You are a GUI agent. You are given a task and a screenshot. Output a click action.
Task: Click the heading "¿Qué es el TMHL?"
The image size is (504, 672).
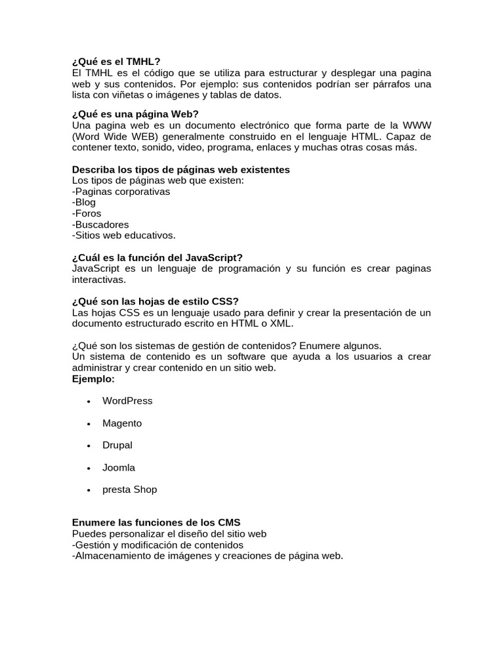[116, 62]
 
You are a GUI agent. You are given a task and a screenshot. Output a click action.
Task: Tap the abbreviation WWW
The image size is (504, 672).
[417, 125]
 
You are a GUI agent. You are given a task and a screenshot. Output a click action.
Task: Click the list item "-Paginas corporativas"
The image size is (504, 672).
[121, 192]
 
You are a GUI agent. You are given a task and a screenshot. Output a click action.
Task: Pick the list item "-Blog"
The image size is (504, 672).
[84, 203]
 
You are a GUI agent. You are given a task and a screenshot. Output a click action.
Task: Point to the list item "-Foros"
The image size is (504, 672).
[87, 213]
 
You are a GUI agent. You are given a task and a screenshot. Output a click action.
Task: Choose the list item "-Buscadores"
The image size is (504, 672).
[100, 224]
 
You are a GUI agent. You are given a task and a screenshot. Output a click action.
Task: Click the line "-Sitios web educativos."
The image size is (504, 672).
[124, 235]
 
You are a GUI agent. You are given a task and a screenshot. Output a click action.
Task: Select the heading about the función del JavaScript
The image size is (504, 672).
[157, 257]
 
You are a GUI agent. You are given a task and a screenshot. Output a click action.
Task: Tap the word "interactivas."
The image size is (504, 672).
[98, 280]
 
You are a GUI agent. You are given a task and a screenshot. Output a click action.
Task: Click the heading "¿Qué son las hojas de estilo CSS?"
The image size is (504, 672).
[155, 301]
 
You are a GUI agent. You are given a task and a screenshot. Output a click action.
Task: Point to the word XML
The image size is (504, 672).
[281, 324]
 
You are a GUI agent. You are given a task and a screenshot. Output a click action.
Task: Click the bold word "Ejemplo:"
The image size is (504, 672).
[93, 379]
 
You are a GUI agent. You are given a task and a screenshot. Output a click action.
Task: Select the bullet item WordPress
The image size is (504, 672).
[127, 401]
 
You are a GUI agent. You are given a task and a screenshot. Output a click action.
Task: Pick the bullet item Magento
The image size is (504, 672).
[122, 423]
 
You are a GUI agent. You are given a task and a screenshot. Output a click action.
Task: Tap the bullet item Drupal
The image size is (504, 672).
[117, 445]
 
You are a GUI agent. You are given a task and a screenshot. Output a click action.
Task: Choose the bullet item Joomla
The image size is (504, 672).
[119, 467]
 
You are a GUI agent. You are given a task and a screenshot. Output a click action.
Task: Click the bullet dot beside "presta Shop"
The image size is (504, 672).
[88, 490]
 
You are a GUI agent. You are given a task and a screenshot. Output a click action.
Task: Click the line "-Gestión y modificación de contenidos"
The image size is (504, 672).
[157, 545]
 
